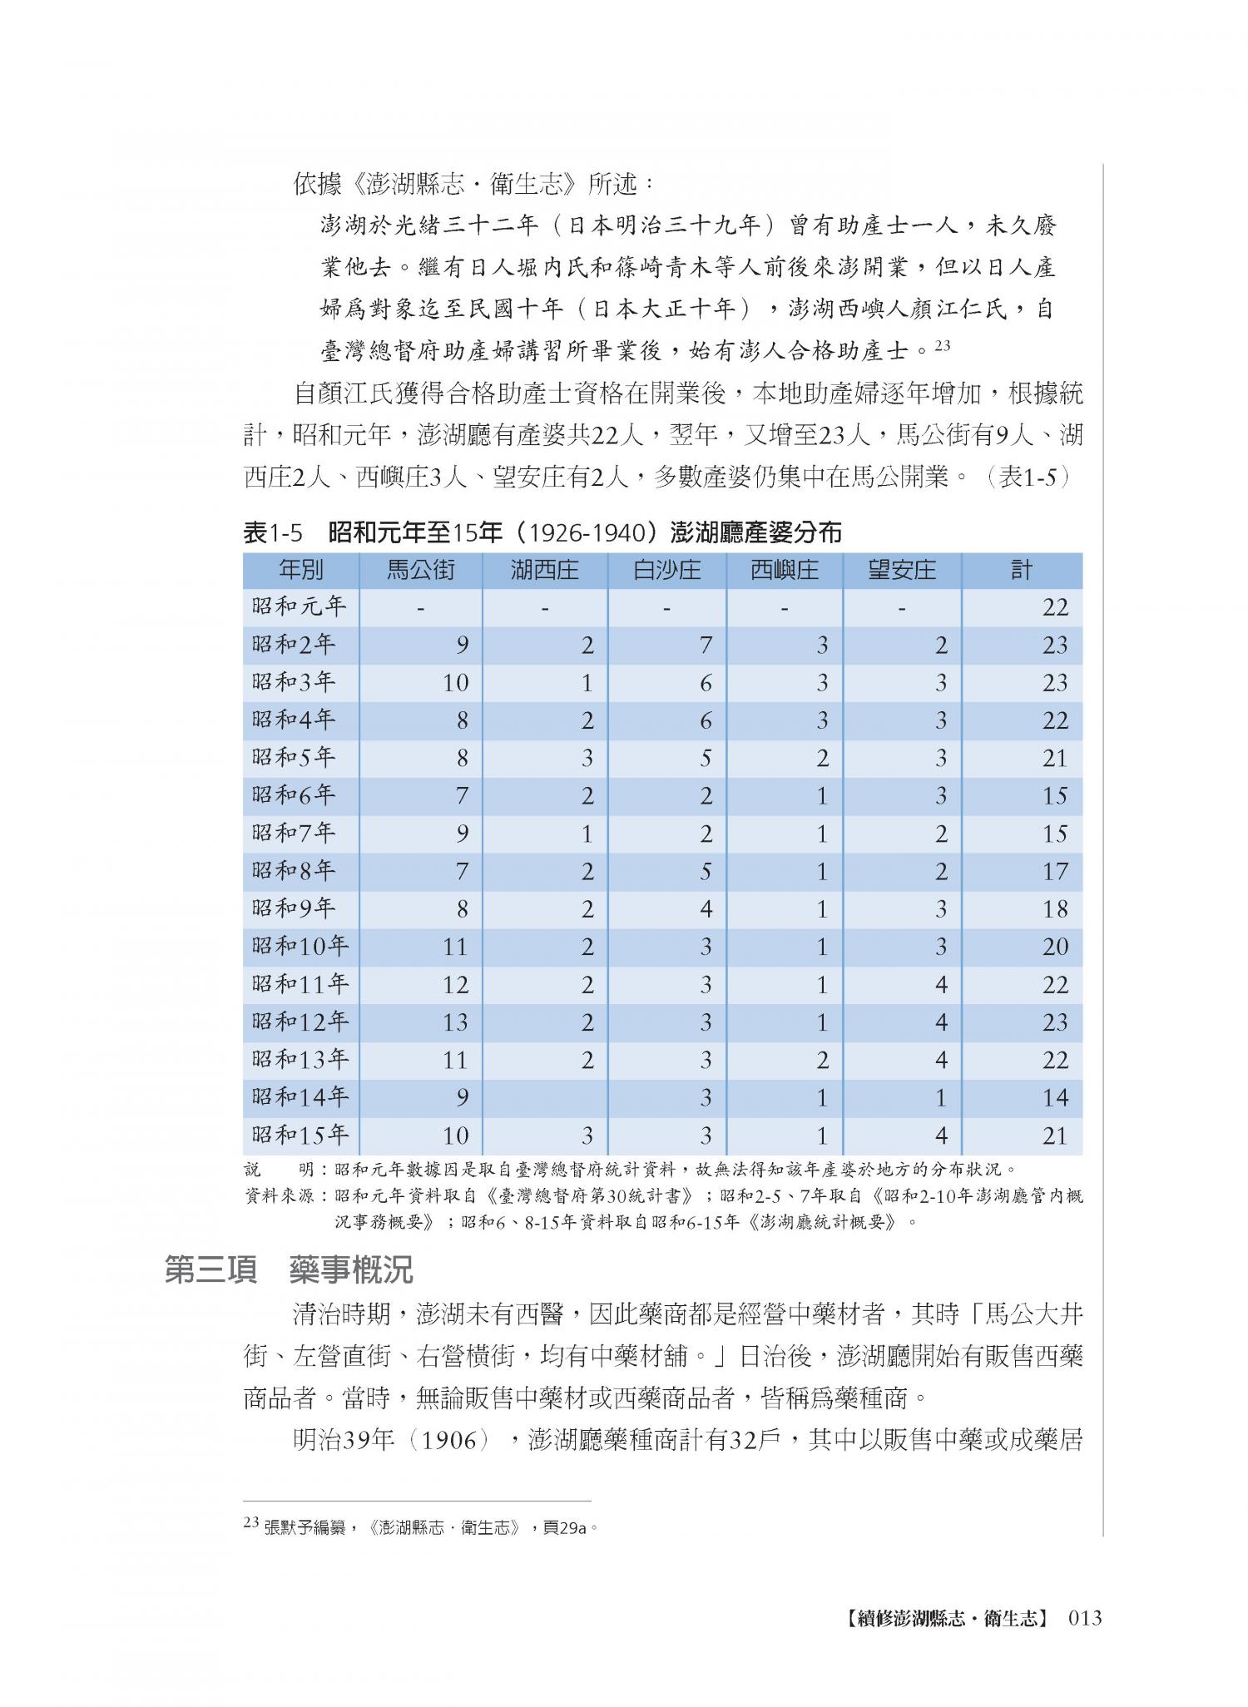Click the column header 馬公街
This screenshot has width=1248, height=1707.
click(x=420, y=570)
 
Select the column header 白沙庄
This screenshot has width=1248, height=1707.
click(x=666, y=570)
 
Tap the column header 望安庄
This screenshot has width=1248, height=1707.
click(x=901, y=570)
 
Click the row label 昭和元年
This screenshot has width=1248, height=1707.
click(x=300, y=606)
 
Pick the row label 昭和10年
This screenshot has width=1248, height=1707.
click(x=300, y=946)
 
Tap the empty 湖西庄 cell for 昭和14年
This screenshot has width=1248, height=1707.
click(x=545, y=1098)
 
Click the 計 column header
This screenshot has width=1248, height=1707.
click(x=1022, y=570)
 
